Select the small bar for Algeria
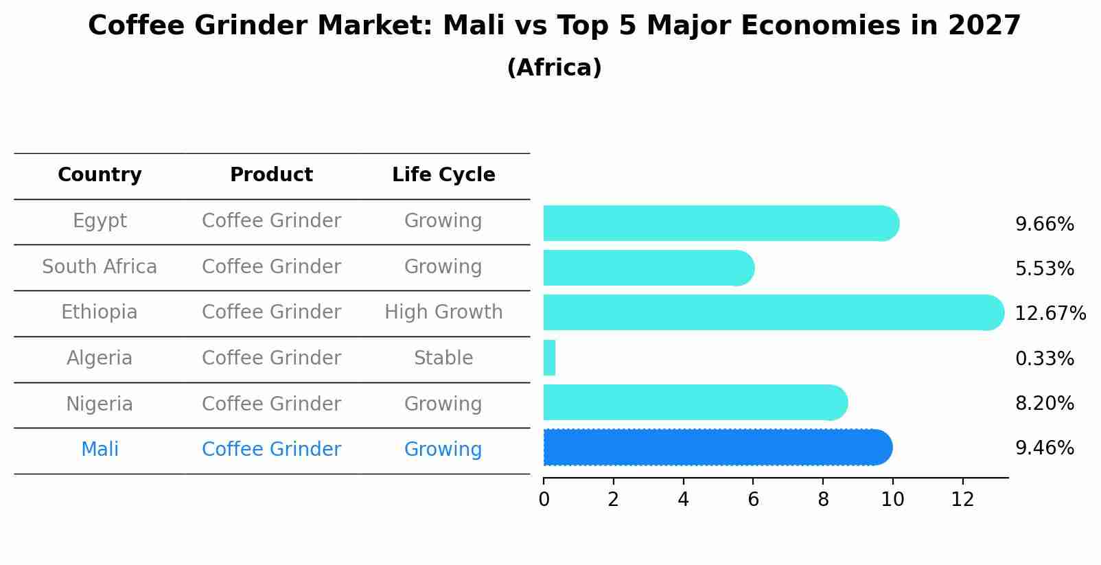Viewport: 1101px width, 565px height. point(549,358)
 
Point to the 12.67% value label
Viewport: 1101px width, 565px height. point(1050,314)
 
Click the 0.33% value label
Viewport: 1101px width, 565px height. point(1044,358)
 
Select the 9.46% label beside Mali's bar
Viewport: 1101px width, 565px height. point(1044,448)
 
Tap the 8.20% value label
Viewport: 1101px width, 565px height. point(1044,404)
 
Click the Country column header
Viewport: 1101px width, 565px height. point(100,175)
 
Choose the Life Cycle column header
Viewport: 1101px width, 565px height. point(443,175)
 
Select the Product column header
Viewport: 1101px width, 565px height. point(271,175)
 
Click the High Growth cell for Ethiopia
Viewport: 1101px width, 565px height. point(443,312)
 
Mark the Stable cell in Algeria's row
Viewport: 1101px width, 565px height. point(443,358)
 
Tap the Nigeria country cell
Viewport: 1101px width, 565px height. point(100,404)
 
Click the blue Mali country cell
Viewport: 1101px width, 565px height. point(100,450)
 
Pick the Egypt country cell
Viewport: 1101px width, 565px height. point(100,221)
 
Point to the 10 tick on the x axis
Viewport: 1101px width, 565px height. point(892,500)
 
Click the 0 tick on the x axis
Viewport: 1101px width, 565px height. point(544,500)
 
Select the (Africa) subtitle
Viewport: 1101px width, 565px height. point(554,68)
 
